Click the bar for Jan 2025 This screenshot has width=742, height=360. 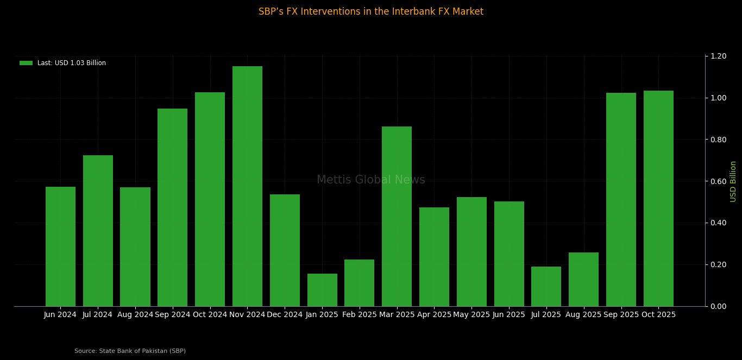(322, 290)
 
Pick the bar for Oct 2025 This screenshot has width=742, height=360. (658, 198)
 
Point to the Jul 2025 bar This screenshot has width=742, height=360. (546, 286)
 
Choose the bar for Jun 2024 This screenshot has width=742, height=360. (60, 247)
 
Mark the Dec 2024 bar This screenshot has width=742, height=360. (285, 250)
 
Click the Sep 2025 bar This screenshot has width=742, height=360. (621, 199)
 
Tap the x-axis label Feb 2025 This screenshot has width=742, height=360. (360, 314)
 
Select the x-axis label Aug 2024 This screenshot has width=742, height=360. (135, 314)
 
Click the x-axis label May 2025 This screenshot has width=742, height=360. (471, 314)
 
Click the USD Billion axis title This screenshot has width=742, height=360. (733, 181)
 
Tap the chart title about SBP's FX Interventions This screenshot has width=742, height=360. (371, 11)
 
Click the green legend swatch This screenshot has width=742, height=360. (26, 63)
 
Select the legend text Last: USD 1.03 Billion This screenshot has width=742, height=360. (72, 63)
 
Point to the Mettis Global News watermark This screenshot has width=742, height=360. (371, 180)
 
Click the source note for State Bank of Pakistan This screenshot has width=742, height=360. (130, 351)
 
